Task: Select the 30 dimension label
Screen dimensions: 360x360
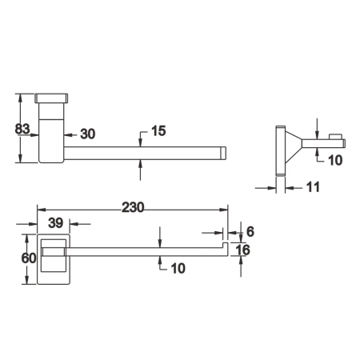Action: pos(87,134)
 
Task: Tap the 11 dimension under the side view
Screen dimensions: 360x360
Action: pos(312,188)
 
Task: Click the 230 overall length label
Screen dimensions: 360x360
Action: pos(133,207)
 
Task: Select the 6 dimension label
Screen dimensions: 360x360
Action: pos(249,230)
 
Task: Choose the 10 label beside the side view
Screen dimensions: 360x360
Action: pos(335,159)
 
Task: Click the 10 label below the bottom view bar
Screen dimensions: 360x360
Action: pos(177,269)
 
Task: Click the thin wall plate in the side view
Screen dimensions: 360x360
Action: pos(280,150)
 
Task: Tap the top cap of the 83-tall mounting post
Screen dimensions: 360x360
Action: pos(53,98)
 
